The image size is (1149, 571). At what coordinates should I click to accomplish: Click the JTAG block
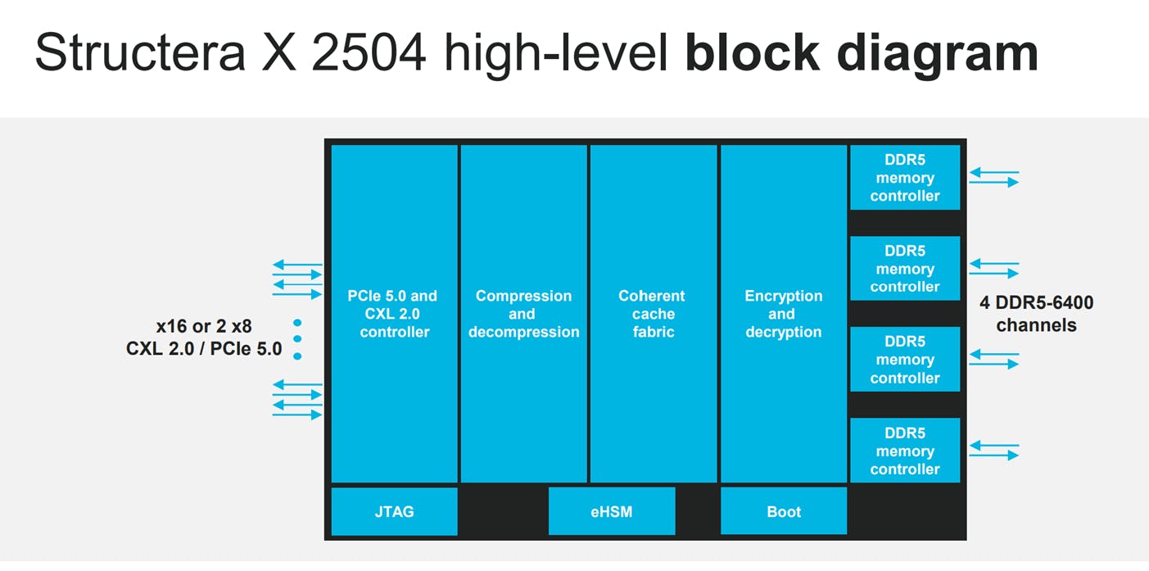(394, 511)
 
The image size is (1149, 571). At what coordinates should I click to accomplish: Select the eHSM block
(611, 511)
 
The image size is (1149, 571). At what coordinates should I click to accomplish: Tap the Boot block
(783, 511)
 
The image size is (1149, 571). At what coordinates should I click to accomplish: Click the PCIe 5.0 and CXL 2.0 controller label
(394, 314)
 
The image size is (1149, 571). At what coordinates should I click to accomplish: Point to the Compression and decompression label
(523, 314)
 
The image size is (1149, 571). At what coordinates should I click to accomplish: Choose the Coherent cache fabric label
(653, 314)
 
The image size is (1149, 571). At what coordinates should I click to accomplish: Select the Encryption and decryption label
(783, 314)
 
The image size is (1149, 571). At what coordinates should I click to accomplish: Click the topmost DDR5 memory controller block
(905, 178)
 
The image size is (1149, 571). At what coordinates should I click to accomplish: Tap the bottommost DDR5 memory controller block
(905, 451)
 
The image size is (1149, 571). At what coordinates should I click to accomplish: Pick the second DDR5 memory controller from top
(905, 269)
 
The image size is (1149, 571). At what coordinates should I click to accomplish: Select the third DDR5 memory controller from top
(905, 360)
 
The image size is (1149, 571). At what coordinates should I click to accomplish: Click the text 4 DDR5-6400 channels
(1036, 314)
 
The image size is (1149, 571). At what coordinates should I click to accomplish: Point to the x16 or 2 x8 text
(204, 327)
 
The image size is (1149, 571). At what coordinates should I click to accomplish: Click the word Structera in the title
(139, 54)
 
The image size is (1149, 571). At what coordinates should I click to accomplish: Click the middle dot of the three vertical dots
(297, 339)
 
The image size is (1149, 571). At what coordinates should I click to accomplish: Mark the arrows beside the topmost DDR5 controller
(994, 178)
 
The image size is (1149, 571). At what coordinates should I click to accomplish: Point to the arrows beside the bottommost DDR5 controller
(994, 451)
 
